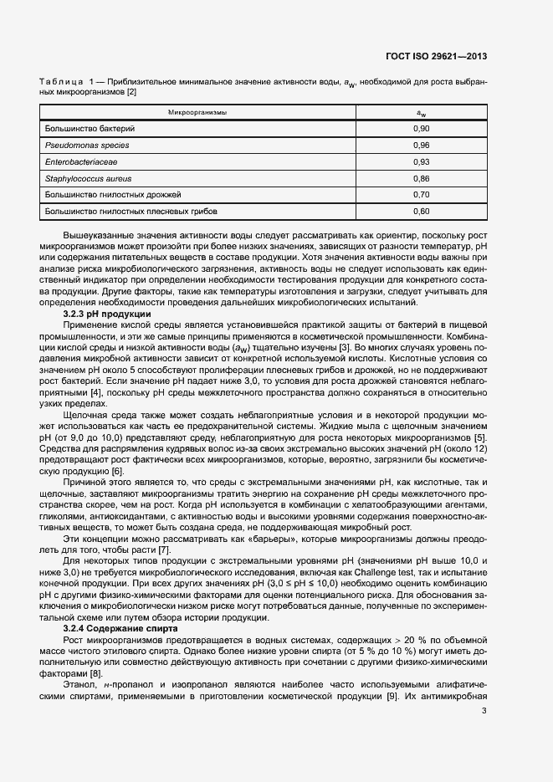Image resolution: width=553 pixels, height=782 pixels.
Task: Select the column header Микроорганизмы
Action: [x=197, y=112]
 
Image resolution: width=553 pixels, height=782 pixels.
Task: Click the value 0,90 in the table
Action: [x=422, y=129]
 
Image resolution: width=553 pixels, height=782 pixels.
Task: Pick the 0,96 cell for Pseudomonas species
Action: [x=422, y=146]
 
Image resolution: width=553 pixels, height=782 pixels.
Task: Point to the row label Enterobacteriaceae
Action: [x=81, y=162]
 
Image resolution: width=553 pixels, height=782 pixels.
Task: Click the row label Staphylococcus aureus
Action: [x=89, y=178]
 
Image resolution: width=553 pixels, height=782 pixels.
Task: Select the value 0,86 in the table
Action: [x=422, y=178]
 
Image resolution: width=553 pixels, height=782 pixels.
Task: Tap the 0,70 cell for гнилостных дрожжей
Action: [x=422, y=195]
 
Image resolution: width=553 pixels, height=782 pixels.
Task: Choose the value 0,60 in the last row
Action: [x=422, y=212]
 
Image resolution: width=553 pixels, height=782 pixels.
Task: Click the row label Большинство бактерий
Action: [x=90, y=129]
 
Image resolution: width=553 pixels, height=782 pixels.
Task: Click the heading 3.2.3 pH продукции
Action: [x=106, y=313]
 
